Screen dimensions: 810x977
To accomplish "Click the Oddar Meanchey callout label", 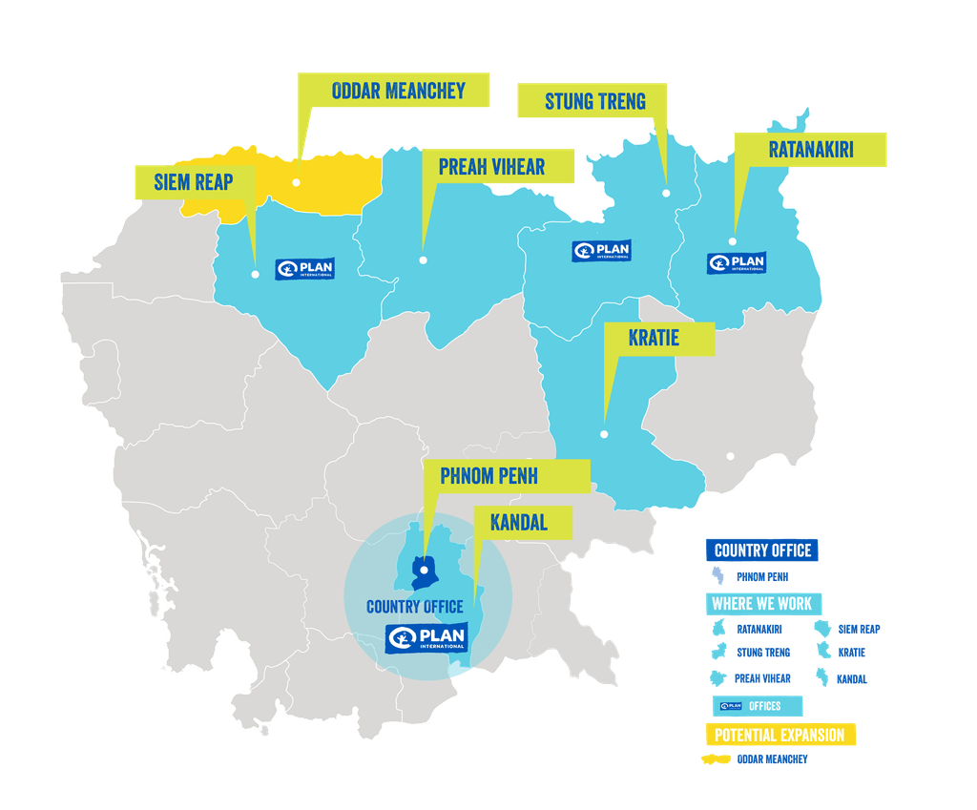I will [x=398, y=92].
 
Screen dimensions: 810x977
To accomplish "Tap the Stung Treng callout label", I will [x=594, y=101].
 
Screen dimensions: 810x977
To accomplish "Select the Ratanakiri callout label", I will [x=810, y=150].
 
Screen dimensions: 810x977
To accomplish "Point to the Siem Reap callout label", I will [x=195, y=181].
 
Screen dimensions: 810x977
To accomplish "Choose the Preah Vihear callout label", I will [x=491, y=167].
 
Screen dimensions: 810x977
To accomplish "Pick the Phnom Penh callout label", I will [x=502, y=474].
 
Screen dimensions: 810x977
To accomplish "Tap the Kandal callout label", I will [x=519, y=522].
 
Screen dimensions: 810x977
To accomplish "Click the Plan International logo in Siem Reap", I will [x=305, y=269].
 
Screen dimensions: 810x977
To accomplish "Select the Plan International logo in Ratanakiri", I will [x=737, y=262].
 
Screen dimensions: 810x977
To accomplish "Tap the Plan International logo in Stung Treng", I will [x=601, y=251].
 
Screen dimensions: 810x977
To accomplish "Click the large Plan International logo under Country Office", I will [x=426, y=637].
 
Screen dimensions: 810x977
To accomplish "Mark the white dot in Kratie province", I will [x=604, y=434].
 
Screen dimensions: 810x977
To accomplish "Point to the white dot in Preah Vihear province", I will [x=423, y=260].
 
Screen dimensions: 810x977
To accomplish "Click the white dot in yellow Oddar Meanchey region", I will [x=297, y=181].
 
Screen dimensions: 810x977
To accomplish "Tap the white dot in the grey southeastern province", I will [x=731, y=456].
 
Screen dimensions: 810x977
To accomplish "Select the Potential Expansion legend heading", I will [x=780, y=735].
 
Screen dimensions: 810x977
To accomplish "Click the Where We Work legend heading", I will [x=761, y=604].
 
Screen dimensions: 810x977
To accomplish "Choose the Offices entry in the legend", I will [x=760, y=706].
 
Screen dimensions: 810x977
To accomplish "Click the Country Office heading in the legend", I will [x=762, y=550].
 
